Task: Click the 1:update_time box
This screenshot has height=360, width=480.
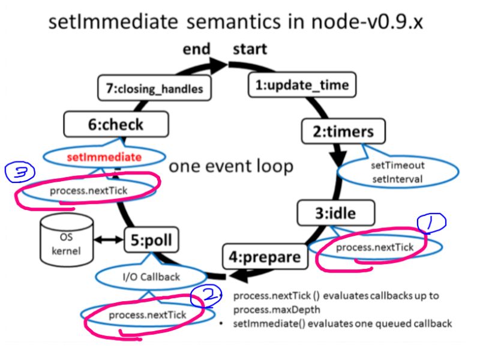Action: (301, 85)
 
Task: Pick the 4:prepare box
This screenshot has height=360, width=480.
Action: (264, 257)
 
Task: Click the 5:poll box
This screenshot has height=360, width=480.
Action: (152, 240)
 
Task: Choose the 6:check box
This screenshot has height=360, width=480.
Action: (116, 124)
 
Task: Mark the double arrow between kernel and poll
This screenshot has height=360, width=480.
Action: (109, 240)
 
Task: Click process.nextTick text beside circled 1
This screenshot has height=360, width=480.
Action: (374, 247)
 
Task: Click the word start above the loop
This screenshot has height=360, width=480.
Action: (250, 49)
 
